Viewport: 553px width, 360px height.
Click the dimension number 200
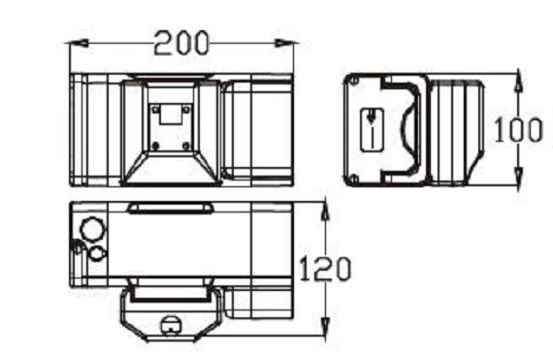[x=181, y=43]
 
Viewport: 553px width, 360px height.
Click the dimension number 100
[x=518, y=130]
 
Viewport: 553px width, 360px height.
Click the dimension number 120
[x=325, y=269]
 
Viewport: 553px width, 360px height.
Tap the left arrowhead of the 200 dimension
[x=78, y=44]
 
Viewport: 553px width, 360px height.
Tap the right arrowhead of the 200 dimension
[x=285, y=44]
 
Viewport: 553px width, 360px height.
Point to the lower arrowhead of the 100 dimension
[x=518, y=178]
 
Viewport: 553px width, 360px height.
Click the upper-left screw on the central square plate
[x=155, y=110]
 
